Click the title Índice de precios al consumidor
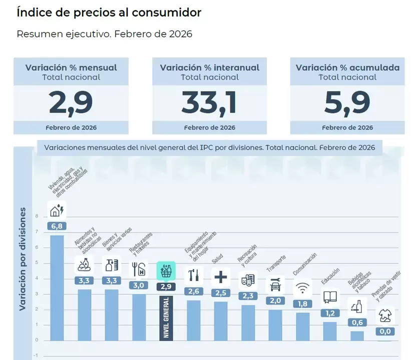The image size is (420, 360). pos(109,12)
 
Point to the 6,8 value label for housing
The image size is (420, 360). pos(57,226)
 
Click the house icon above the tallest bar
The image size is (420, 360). pos(57,210)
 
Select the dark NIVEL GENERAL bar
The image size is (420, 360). pos(166,317)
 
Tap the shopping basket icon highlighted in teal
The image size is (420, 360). pos(166,271)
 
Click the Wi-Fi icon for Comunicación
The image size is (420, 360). pos(302,287)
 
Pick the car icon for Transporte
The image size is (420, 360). pos(275,285)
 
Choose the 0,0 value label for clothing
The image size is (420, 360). pos(384,331)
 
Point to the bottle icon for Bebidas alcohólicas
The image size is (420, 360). pos(357,306)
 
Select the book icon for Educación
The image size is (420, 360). pos(330,297)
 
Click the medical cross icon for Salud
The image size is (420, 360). pos(221,276)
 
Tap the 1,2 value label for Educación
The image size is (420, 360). pos(330,313)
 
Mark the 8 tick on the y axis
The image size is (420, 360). pos(37,216)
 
